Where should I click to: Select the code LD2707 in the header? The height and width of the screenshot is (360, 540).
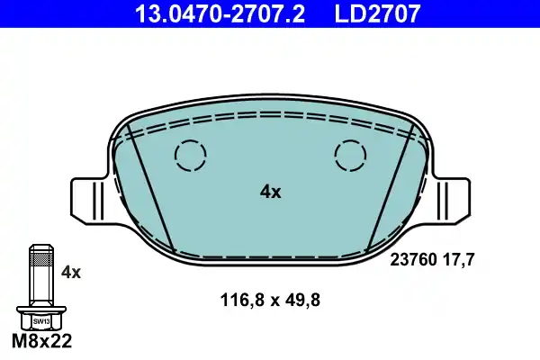click(379, 13)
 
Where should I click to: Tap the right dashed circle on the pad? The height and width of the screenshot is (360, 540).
click(350, 156)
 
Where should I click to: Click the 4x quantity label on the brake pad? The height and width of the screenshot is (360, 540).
click(270, 192)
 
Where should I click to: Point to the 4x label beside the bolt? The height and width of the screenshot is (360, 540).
click(70, 271)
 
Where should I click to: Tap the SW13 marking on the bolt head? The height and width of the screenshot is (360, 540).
click(41, 320)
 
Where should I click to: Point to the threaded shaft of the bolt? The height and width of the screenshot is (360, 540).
click(40, 274)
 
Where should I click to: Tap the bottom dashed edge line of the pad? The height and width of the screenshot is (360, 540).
click(270, 257)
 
